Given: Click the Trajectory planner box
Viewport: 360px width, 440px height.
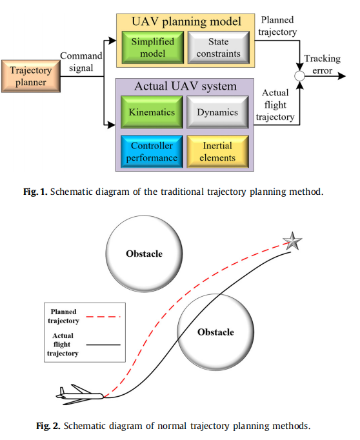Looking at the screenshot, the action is click(x=31, y=76).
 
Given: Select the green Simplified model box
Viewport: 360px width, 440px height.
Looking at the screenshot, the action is click(x=153, y=48).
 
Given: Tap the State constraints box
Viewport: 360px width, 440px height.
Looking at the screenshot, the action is click(x=218, y=48).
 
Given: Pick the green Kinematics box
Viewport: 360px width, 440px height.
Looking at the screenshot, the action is click(x=152, y=112).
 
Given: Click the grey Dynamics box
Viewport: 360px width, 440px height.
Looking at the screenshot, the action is click(x=217, y=112).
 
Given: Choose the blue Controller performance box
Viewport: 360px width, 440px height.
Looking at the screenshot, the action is click(x=152, y=152).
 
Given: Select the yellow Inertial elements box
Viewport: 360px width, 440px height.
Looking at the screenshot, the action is click(x=217, y=152).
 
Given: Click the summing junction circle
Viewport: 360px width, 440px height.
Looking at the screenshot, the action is click(x=299, y=76).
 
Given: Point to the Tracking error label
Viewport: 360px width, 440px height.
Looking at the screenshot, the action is click(x=323, y=65).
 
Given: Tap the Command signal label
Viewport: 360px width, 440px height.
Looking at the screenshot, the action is click(x=81, y=62).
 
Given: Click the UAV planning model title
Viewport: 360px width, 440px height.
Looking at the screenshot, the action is click(x=186, y=22).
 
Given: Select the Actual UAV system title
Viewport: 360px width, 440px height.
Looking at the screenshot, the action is click(x=185, y=86).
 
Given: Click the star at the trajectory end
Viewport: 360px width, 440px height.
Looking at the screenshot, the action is click(x=292, y=241).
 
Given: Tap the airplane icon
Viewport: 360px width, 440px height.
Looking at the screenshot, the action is click(x=80, y=395).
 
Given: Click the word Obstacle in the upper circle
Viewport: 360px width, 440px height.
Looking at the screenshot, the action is click(x=145, y=254).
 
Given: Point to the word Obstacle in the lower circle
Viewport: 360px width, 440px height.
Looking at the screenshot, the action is click(x=215, y=332).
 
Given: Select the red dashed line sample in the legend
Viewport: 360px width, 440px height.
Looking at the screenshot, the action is click(x=103, y=317).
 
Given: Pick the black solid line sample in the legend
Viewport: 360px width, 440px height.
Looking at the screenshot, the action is click(x=103, y=345).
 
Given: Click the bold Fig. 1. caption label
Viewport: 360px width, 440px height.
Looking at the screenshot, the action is click(x=35, y=192).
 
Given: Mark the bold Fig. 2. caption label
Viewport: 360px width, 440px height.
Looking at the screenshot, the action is click(x=48, y=426).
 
